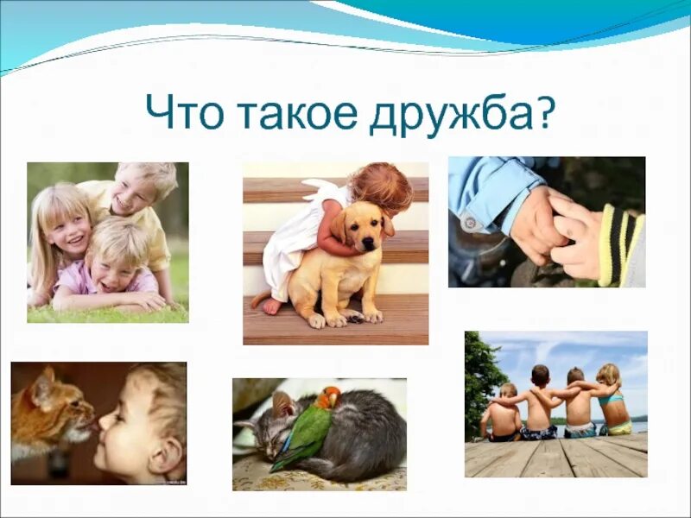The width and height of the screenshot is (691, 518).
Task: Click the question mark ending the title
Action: pos(545,113)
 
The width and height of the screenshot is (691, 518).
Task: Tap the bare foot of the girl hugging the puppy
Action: pos(270,306)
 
